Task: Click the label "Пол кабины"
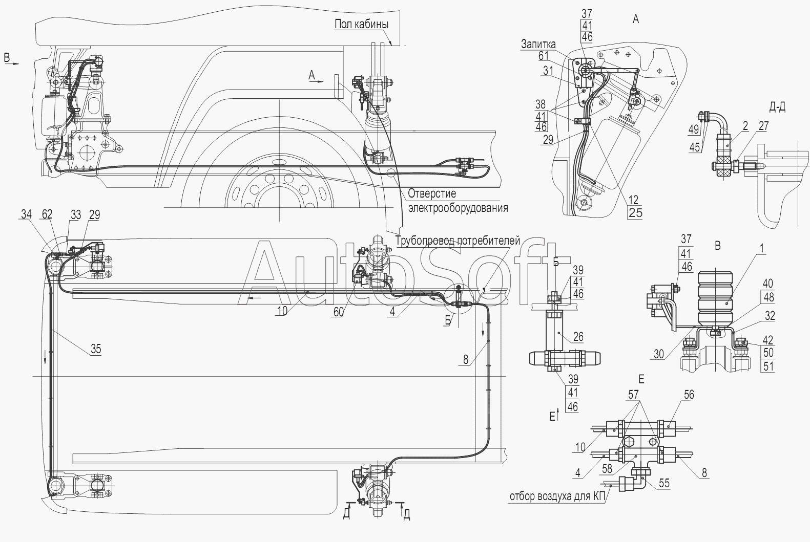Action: pos(361,24)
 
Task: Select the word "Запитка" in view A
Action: pos(538,44)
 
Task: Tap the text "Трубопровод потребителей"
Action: pos(458,241)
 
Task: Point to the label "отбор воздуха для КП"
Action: pos(557,496)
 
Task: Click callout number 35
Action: pos(96,349)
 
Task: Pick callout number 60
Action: pos(339,312)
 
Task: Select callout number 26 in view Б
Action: pos(578,337)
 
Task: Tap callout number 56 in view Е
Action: pos(689,395)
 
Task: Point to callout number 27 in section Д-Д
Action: pos(763,126)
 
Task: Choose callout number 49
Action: pos(694,129)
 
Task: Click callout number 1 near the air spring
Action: pos(761,248)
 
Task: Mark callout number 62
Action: pos(47,214)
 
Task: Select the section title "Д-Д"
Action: pos(777,107)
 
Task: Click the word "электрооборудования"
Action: pos(458,208)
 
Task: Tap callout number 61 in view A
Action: pos(544,56)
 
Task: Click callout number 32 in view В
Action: pos(770,315)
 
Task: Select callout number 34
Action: pos(26,214)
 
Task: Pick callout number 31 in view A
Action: pos(548,71)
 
